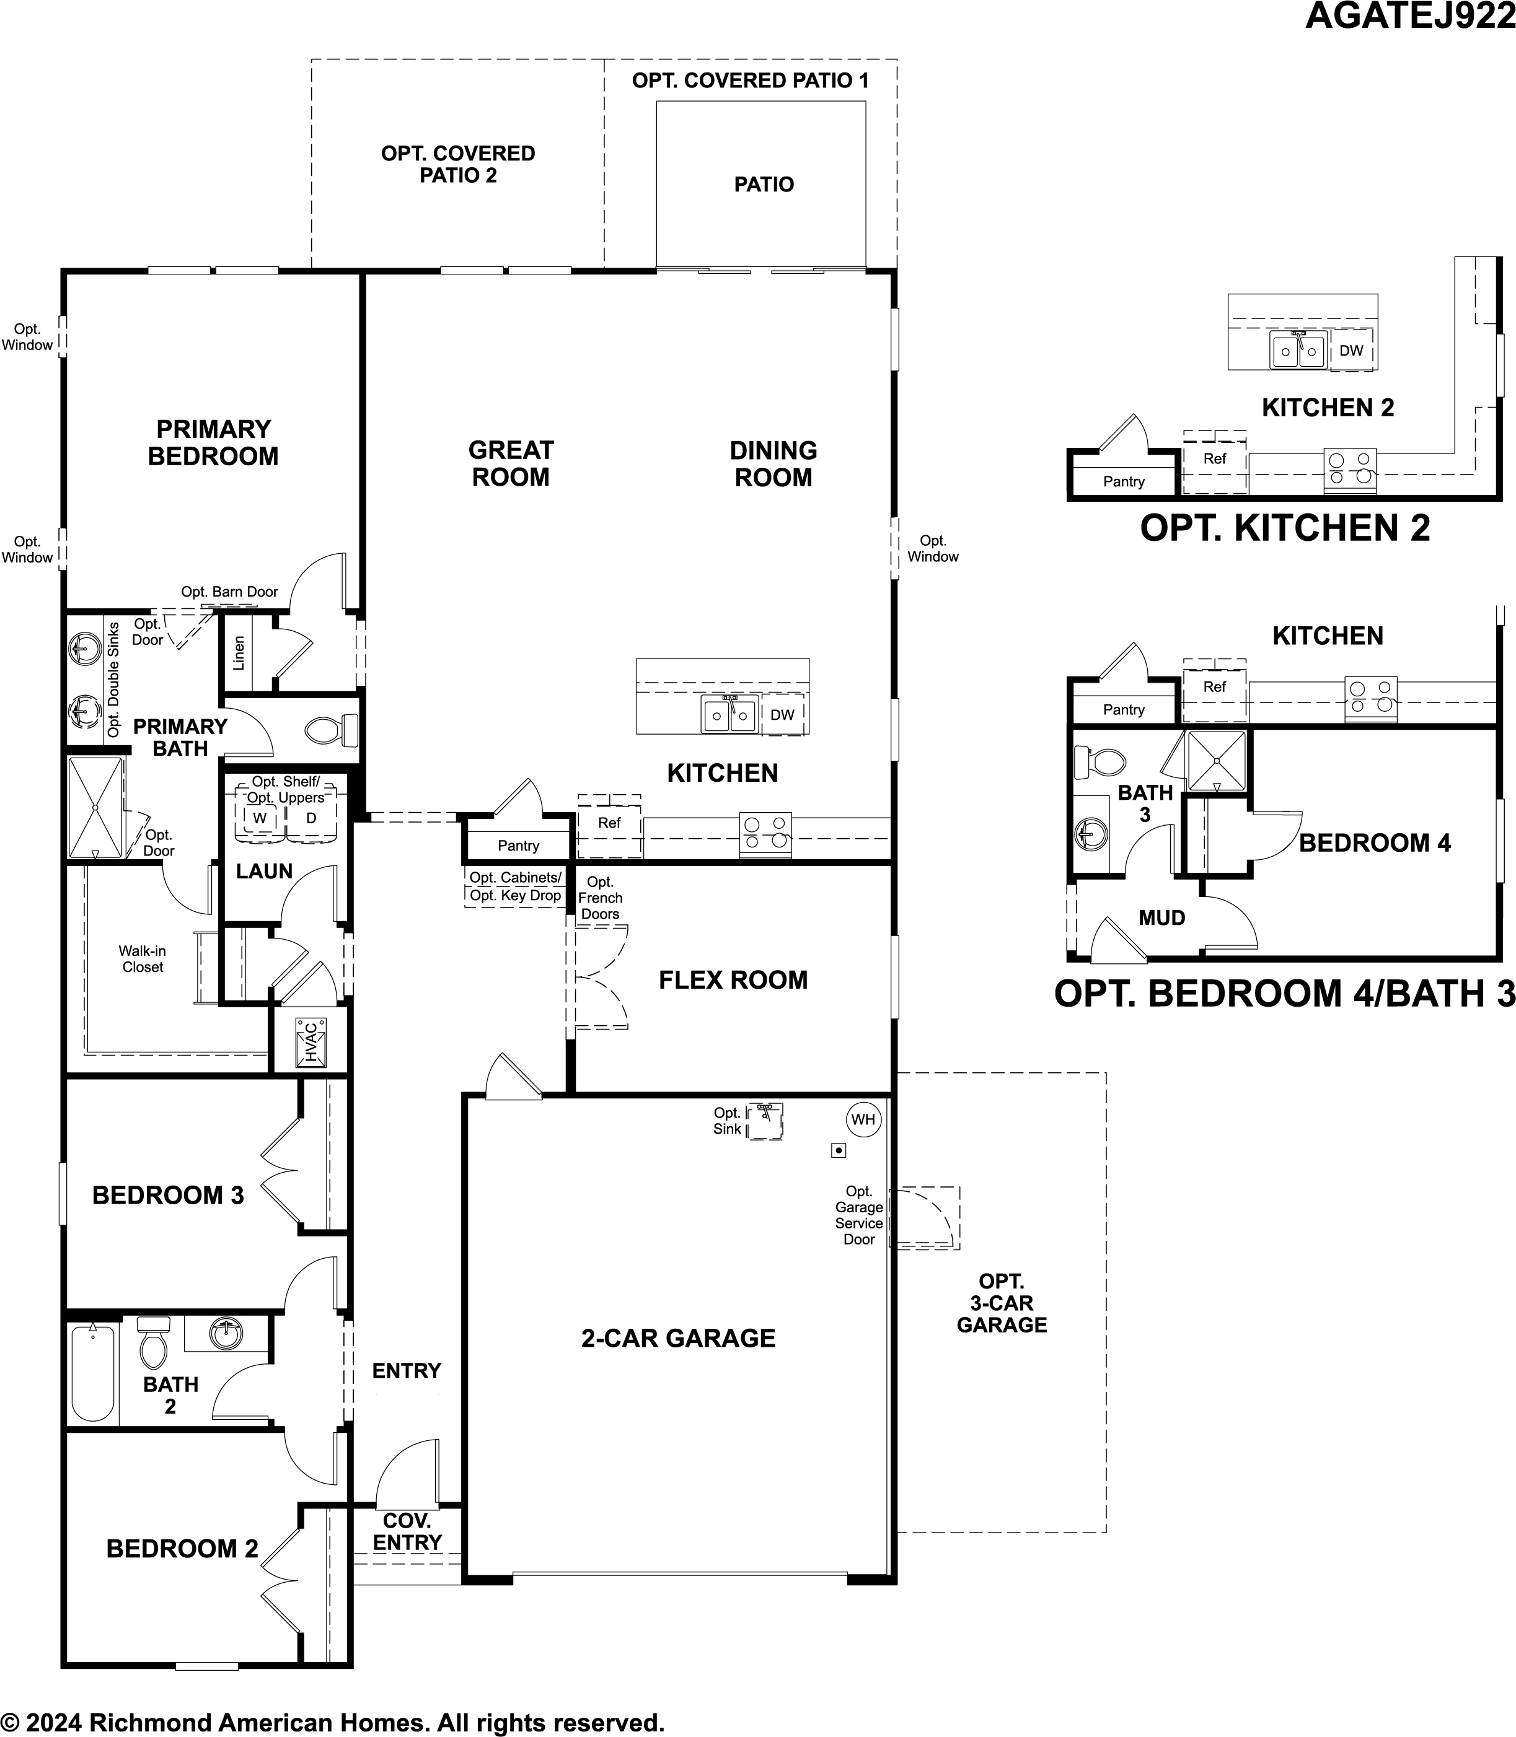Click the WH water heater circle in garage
click(x=863, y=1119)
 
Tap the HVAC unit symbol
click(x=311, y=1043)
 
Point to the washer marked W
click(x=260, y=818)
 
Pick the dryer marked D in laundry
click(x=311, y=818)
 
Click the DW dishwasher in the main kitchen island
click(x=783, y=715)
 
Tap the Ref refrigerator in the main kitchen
click(x=609, y=823)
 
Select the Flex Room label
click(x=733, y=980)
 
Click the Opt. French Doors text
click(x=600, y=898)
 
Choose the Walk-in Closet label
click(x=142, y=959)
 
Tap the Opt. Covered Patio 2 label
click(x=457, y=164)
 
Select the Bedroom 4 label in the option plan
click(x=1374, y=843)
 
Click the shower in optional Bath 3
click(x=1215, y=760)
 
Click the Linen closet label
click(x=239, y=654)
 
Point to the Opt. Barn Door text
click(x=229, y=592)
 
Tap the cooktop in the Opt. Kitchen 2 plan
click(x=1349, y=468)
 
